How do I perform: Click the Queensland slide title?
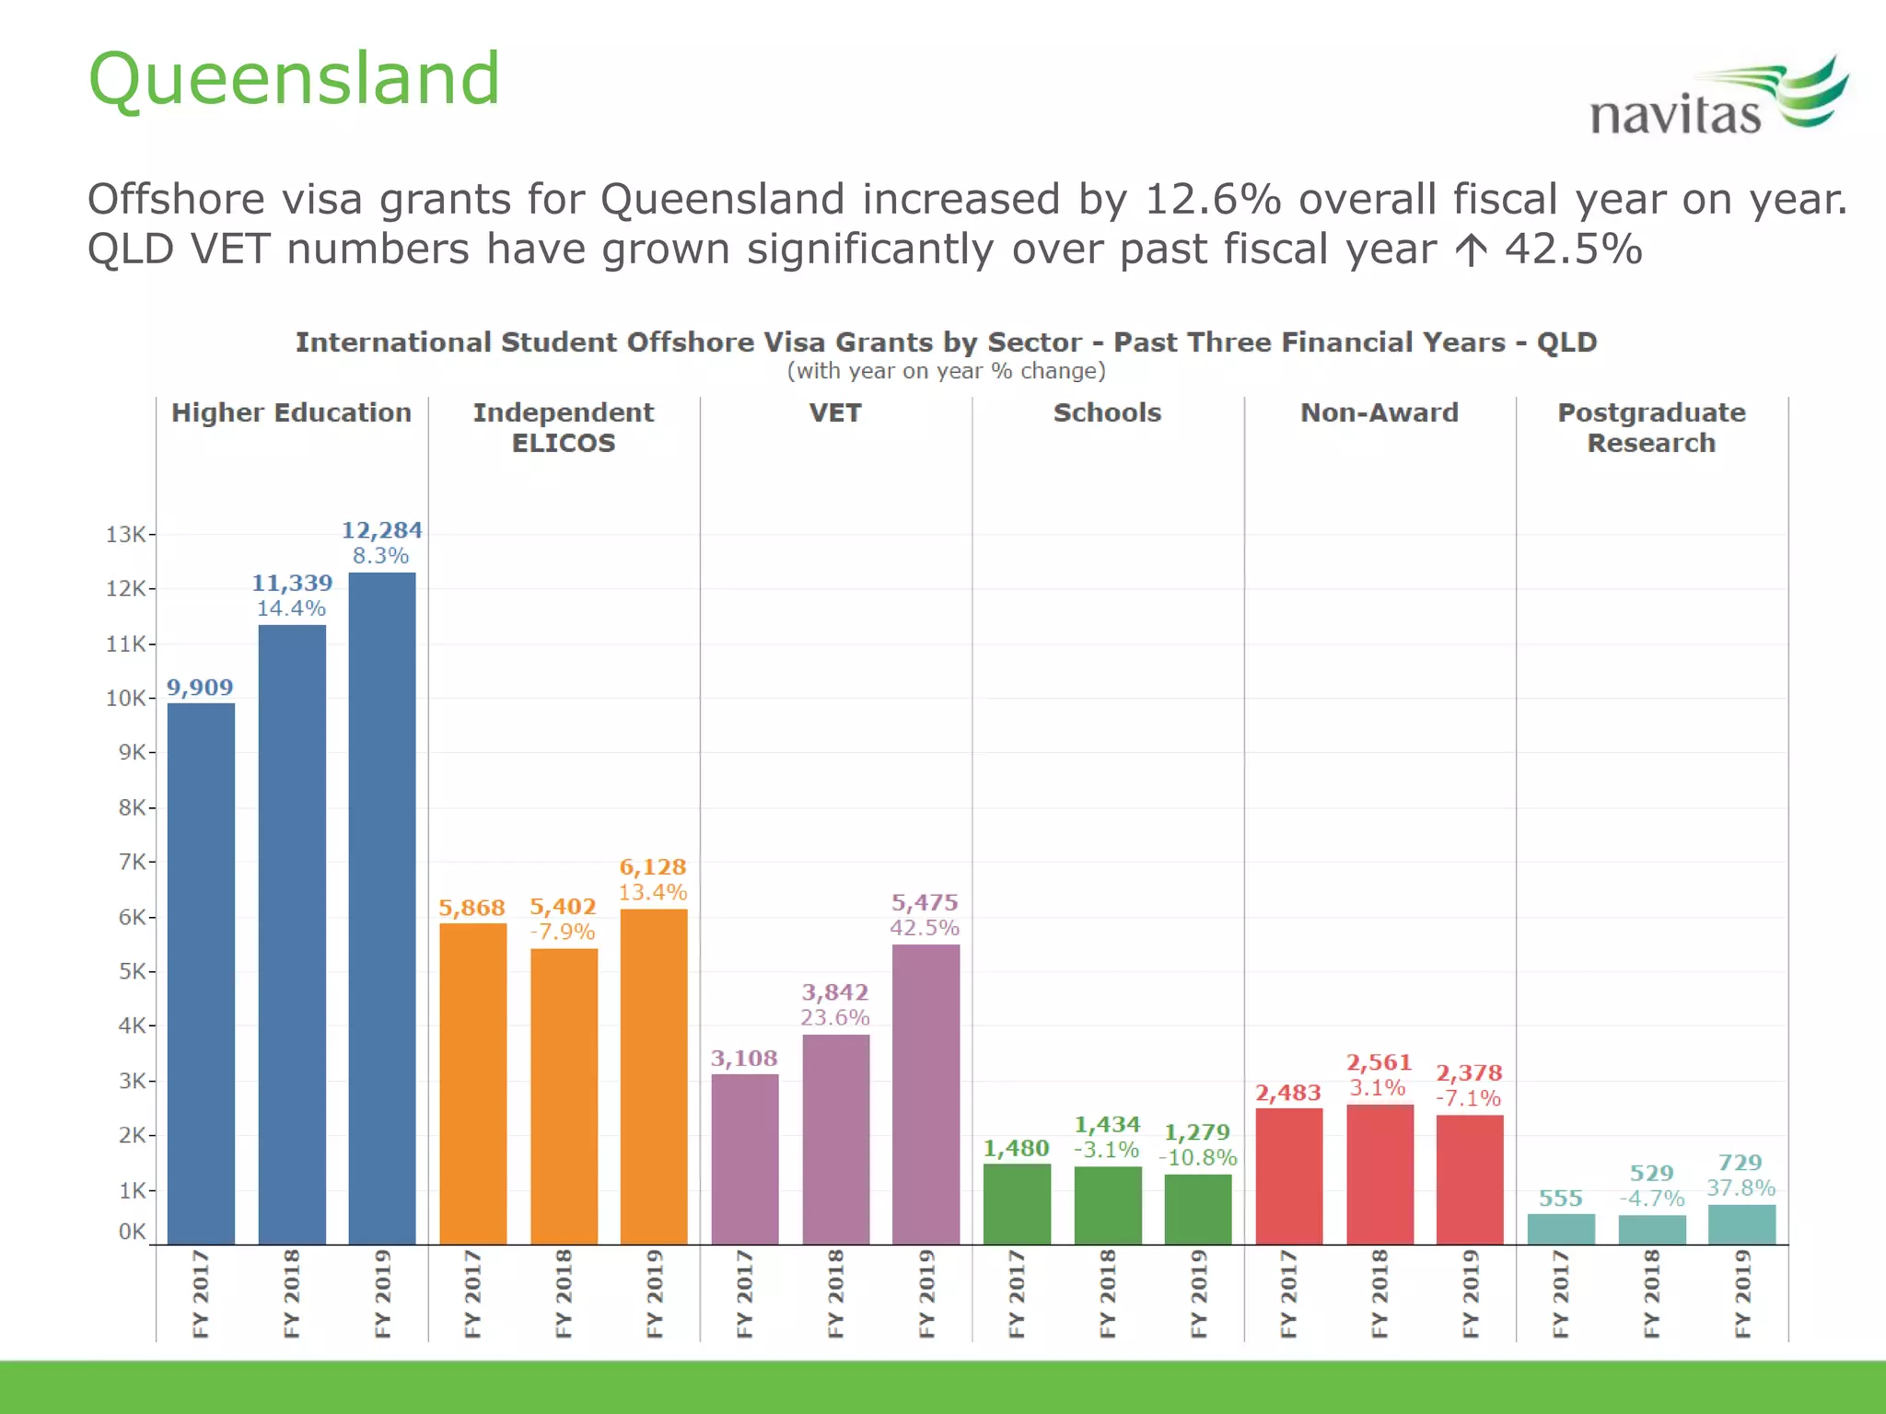coord(294,79)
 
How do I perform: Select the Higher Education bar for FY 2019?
coord(381,907)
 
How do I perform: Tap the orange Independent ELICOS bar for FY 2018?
coord(564,1095)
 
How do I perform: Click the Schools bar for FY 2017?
coord(1017,1203)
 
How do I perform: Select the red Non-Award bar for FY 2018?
coord(1380,1174)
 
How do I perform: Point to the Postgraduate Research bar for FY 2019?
coord(1741,1224)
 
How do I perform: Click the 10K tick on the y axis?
coord(126,699)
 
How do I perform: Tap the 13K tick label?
coord(126,535)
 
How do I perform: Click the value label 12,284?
coord(381,530)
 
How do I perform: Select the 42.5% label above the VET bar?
coord(925,928)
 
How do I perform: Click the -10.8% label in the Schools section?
coord(1197,1158)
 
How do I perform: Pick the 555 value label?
coord(1560,1199)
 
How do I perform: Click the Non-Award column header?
coord(1379,412)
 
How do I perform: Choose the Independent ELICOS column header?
coord(564,427)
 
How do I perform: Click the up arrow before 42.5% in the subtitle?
coord(1472,250)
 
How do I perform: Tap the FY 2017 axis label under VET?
coord(744,1292)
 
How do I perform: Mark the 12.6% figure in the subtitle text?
coord(1213,200)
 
